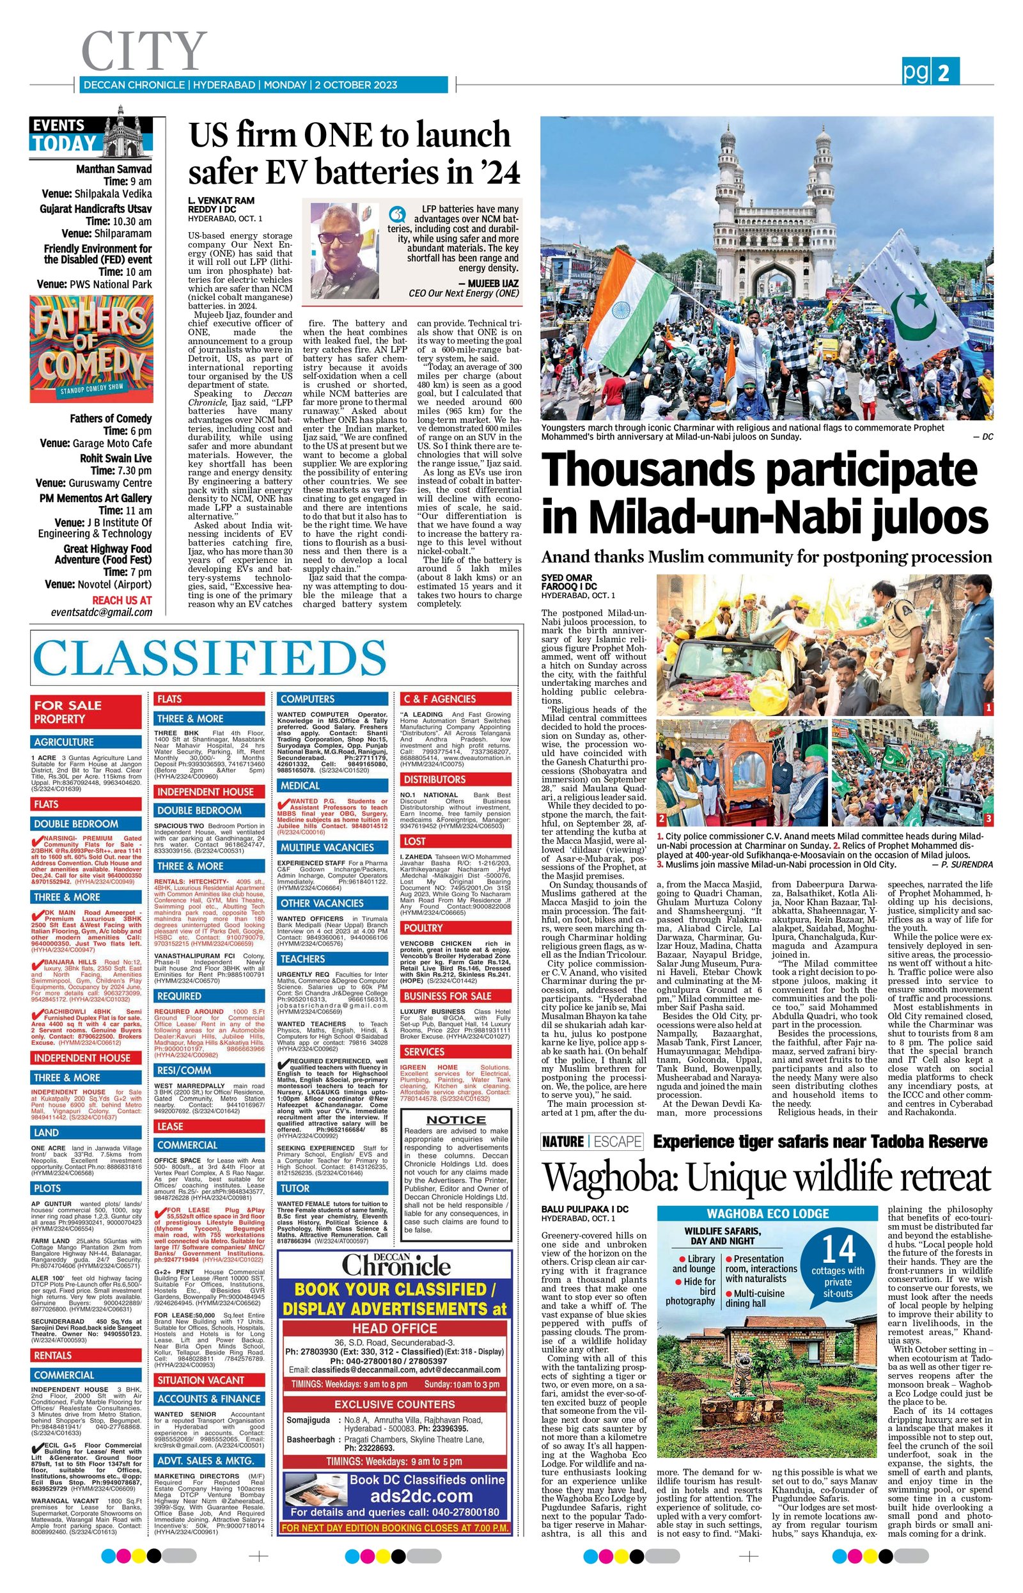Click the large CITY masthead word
143,52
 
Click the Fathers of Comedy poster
91,349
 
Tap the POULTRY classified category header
423,927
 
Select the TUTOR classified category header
294,1187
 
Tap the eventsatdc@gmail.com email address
102,612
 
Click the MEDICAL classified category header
301,786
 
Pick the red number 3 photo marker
988,819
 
